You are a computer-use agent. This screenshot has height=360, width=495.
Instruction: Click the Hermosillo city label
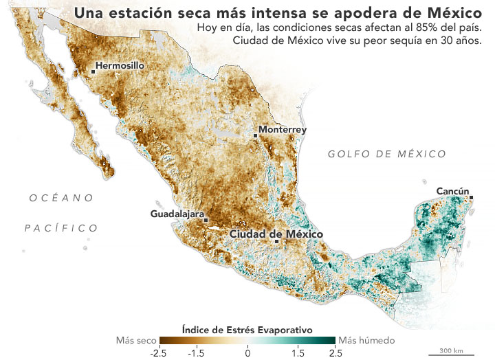pyautogui.click(x=120, y=66)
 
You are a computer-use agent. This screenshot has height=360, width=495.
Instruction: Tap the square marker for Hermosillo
pyautogui.click(x=93, y=69)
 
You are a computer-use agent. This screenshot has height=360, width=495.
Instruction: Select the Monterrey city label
pyautogui.click(x=282, y=129)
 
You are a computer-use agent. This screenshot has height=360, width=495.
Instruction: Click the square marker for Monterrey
pyautogui.click(x=256, y=136)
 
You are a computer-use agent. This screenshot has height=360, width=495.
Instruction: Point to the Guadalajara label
pyautogui.click(x=177, y=214)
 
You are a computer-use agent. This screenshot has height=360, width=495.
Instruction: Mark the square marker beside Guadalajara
pyautogui.click(x=206, y=220)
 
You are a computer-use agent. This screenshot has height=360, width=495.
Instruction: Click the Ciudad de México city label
pyautogui.click(x=276, y=234)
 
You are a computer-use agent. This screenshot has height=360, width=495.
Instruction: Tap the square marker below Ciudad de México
pyautogui.click(x=276, y=242)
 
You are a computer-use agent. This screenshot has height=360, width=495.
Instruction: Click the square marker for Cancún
pyautogui.click(x=472, y=198)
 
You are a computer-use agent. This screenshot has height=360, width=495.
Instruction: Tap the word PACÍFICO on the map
pyautogui.click(x=61, y=227)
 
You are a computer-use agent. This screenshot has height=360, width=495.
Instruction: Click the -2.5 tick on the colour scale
pyautogui.click(x=159, y=352)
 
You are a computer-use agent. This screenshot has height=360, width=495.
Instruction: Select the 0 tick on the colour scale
pyautogui.click(x=247, y=352)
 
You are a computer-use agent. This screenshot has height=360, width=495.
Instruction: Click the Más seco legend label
pyautogui.click(x=135, y=340)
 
